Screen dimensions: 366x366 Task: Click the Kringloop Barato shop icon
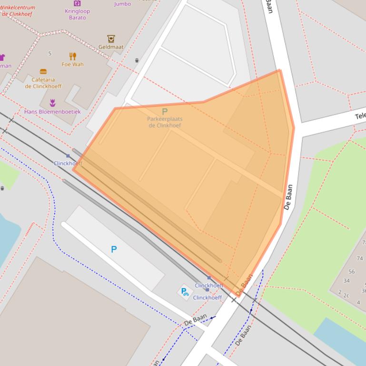[77, 3]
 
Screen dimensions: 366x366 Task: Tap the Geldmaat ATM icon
[111, 39]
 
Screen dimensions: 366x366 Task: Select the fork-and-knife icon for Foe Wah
[73, 56]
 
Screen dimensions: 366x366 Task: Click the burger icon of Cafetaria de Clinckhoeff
[43, 72]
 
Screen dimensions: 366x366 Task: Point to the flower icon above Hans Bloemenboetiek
[52, 103]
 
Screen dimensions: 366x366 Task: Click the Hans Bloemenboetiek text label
[52, 112]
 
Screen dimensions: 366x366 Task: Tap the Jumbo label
[122, 4]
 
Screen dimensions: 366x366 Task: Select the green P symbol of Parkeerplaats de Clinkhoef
[165, 111]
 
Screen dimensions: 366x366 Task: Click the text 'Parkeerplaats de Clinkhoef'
[165, 122]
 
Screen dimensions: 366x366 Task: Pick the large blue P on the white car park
[114, 249]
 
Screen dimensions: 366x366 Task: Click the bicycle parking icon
[184, 291]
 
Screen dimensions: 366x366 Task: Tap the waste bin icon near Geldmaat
[137, 60]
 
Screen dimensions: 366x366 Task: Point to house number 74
[359, 259]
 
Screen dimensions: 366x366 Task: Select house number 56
[351, 272]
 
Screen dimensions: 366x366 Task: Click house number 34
[346, 281]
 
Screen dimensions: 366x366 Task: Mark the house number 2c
[346, 296]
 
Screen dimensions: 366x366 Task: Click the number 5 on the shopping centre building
[49, 54]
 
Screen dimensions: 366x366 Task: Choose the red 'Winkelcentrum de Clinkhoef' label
[17, 10]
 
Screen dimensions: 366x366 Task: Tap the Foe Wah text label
[72, 65]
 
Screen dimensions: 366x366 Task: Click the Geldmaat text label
[111, 47]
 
